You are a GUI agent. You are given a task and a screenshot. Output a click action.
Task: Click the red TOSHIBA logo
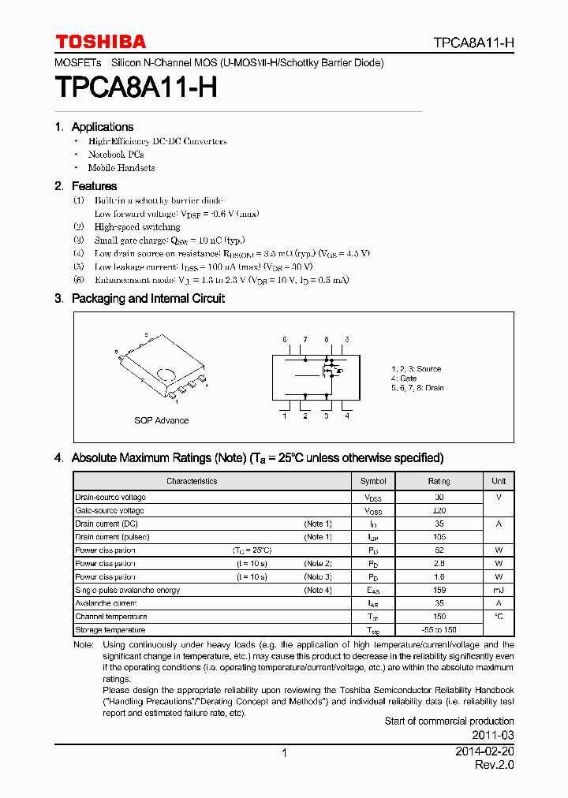[x=100, y=42]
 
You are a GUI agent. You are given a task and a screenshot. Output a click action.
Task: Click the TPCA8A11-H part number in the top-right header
[x=473, y=43]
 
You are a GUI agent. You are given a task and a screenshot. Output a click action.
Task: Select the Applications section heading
[x=102, y=127]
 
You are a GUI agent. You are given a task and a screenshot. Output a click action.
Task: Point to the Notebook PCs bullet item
[x=115, y=155]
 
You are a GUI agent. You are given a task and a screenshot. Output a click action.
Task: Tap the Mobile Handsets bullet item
[x=121, y=168]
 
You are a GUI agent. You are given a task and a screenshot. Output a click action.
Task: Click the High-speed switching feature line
[x=137, y=227]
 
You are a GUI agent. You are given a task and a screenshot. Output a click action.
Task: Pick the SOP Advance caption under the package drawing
[x=161, y=420]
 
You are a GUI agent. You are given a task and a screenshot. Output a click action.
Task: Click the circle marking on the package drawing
[x=166, y=374]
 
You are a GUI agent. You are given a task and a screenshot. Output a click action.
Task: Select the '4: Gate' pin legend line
[x=404, y=378]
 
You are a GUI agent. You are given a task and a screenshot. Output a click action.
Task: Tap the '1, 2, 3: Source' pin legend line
[x=416, y=369]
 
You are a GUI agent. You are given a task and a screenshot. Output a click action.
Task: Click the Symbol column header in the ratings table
[x=373, y=481]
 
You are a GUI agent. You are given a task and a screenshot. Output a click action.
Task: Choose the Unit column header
[x=499, y=481]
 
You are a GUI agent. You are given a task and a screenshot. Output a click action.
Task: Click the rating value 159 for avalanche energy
[x=439, y=590]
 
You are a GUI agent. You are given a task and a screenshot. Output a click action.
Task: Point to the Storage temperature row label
[x=110, y=630]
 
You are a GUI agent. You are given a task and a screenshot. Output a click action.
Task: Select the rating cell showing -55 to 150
[x=439, y=630]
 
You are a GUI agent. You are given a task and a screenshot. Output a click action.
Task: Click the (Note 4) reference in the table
[x=318, y=590]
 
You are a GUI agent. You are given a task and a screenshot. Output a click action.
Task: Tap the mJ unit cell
[x=499, y=590]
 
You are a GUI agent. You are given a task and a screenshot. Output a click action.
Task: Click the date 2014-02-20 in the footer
[x=484, y=752]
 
